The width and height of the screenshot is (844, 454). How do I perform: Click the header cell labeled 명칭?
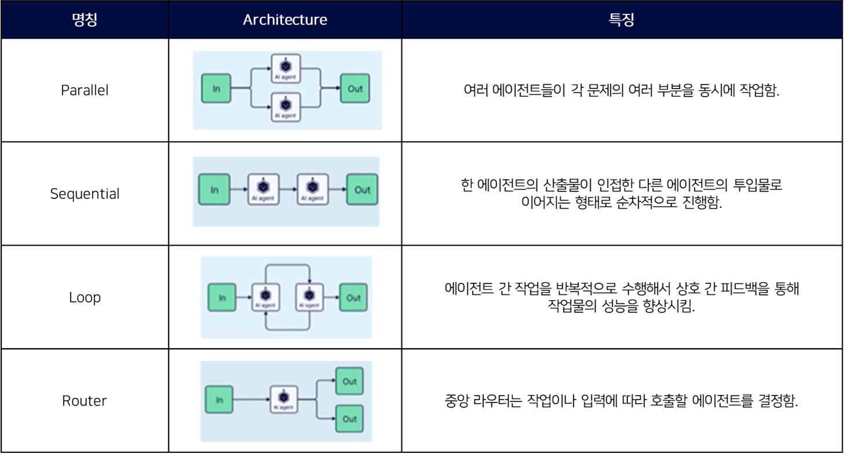coord(85,20)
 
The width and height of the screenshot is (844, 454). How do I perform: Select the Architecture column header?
coord(285,20)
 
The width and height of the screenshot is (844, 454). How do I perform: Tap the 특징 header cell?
coord(622,20)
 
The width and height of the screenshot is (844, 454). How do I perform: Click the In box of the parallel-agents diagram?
coord(216,89)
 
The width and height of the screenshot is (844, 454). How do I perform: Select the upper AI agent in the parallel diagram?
coord(285,69)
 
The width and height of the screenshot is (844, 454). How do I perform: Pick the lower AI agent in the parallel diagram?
coord(285,106)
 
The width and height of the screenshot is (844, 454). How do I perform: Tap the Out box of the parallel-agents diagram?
coord(355,89)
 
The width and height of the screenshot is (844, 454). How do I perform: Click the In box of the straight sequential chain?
coord(214,190)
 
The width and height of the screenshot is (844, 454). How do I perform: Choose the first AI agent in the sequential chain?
coord(263,189)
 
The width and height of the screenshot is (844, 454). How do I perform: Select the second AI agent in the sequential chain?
coord(313,189)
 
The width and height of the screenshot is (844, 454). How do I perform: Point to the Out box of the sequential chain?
coord(362,190)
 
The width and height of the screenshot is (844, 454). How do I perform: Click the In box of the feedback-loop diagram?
coord(222,298)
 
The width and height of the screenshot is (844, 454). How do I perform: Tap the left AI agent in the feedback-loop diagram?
coord(266,298)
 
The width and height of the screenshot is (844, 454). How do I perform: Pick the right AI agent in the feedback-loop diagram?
coord(309,298)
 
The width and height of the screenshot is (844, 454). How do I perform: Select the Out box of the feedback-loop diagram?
coord(353,298)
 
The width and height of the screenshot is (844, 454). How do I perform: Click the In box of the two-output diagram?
coord(219,400)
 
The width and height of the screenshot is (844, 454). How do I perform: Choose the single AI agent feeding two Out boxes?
coord(284,400)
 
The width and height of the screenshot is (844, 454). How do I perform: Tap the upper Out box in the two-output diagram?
coord(350,381)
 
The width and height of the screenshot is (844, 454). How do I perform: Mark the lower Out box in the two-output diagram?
coord(350,419)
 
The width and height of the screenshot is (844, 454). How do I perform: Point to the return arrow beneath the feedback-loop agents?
coord(287,330)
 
